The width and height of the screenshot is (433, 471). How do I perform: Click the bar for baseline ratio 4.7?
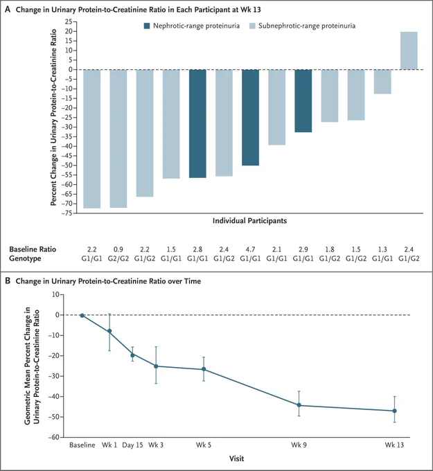tap(250, 118)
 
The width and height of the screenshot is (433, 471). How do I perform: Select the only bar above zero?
tap(409, 51)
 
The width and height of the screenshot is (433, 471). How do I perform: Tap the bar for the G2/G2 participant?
tap(118, 139)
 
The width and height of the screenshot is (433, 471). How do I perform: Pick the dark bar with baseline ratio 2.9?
tap(303, 101)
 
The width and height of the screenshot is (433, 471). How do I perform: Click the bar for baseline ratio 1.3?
tap(382, 82)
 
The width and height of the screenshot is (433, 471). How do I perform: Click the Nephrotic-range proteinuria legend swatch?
tap(147, 26)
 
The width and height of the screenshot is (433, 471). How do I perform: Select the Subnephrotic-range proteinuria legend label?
tap(307, 26)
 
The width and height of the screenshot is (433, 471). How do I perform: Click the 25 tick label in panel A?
tap(69, 21)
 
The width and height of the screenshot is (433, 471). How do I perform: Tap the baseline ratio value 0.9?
tap(118, 249)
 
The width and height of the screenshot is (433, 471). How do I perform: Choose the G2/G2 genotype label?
tap(118, 258)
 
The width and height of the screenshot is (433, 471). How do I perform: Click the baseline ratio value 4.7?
tap(250, 249)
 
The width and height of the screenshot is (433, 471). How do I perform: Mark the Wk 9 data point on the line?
tap(299, 405)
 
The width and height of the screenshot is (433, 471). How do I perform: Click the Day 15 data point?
tap(132, 355)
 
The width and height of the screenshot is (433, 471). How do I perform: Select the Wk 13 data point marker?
tap(394, 411)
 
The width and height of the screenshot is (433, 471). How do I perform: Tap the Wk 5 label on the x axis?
tap(204, 445)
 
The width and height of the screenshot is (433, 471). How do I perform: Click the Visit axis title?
tap(237, 459)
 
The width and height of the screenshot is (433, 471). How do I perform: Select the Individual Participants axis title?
tap(249, 221)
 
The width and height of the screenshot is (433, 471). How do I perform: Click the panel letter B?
tap(8, 281)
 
